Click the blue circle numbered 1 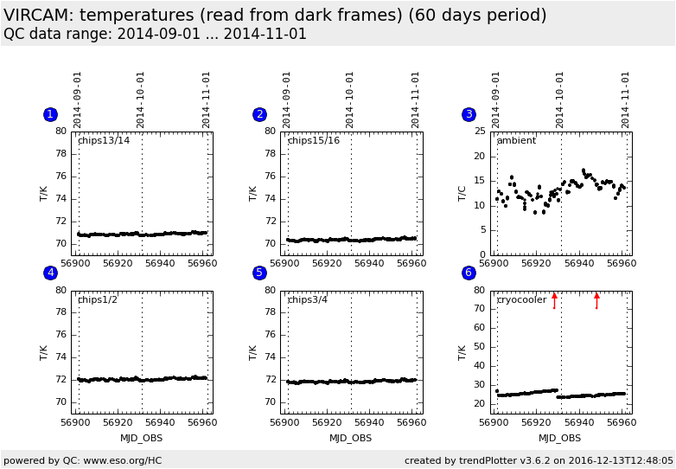point(50,114)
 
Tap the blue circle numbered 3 point(469,114)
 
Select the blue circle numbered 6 point(469,273)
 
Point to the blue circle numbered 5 point(259,273)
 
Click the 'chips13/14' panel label point(104,140)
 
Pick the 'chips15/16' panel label point(314,140)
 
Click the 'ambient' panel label point(516,140)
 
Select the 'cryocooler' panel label point(521,299)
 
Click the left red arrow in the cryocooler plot point(554,299)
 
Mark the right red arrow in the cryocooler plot point(596,299)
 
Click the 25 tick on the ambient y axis point(481,132)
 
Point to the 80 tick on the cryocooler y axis point(481,291)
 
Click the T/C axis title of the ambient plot point(462,193)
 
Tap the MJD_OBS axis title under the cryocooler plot point(559,438)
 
